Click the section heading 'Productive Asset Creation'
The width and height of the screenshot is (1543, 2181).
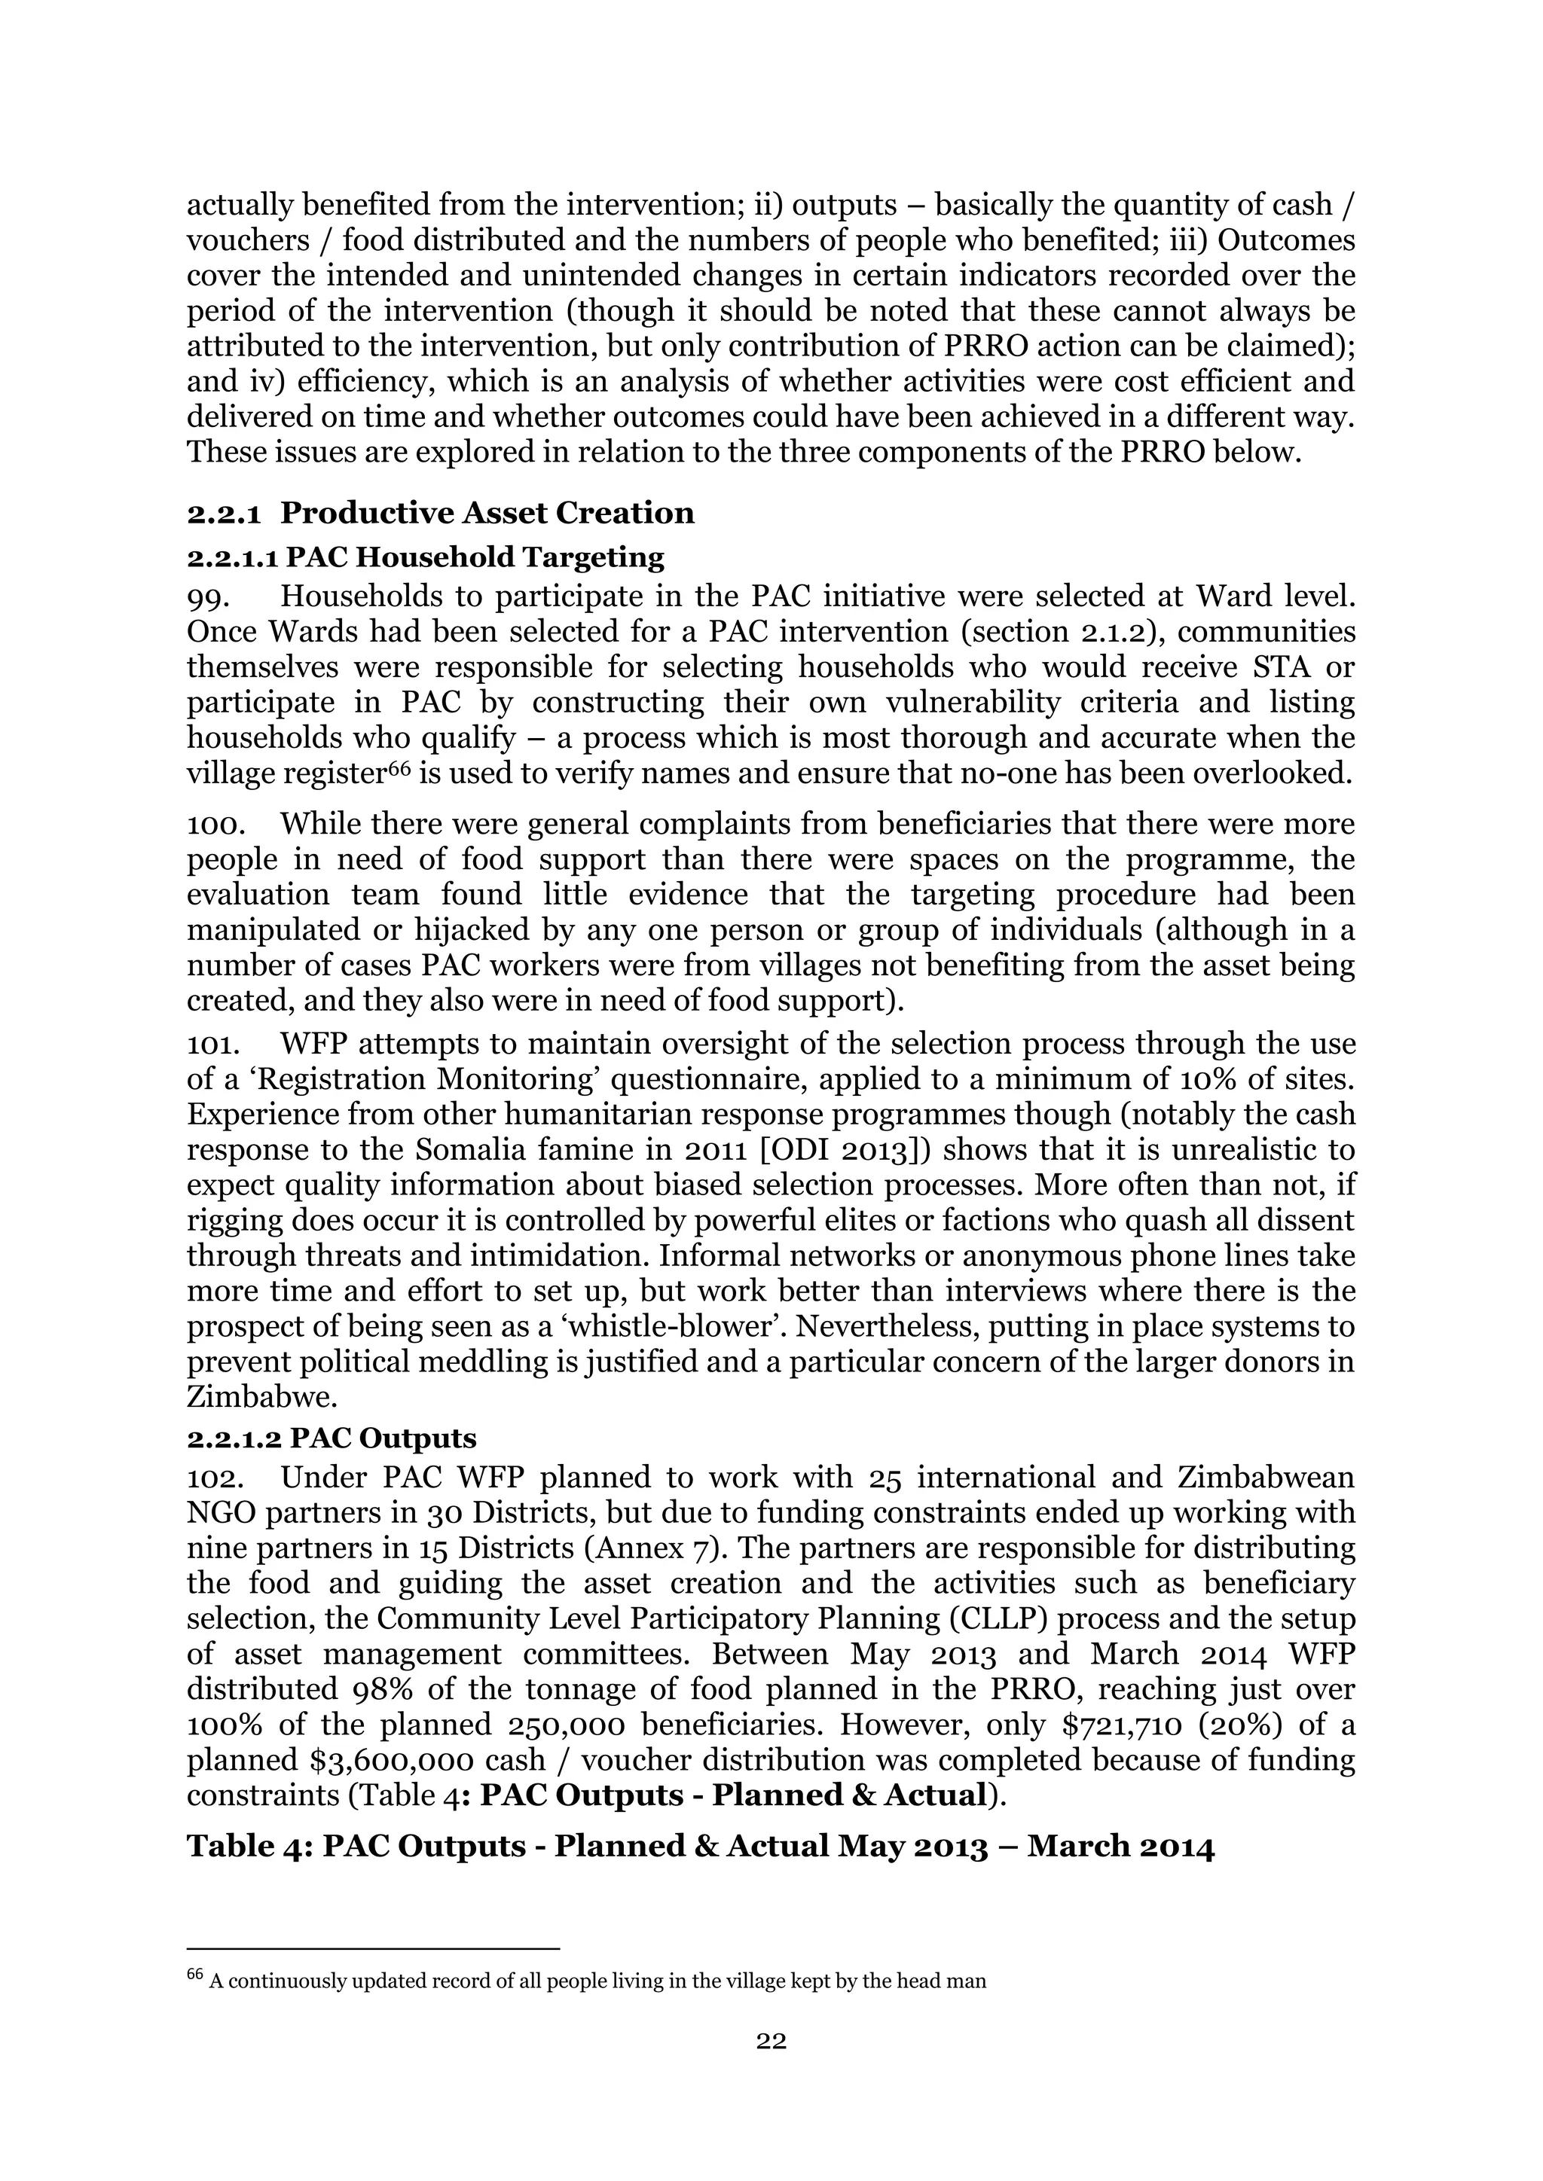[x=487, y=513]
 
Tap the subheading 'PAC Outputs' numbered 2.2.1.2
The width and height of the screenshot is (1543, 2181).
[x=382, y=1438]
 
